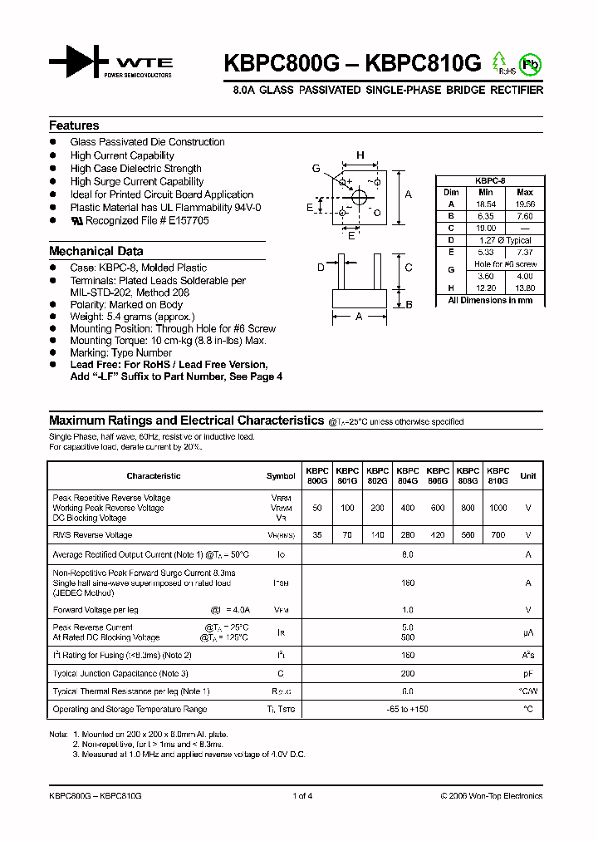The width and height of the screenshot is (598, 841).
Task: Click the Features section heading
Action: (x=74, y=125)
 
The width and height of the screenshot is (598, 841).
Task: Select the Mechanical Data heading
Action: (x=96, y=251)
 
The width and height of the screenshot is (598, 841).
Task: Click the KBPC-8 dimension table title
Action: (x=490, y=180)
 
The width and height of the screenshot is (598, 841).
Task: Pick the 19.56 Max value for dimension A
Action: (x=525, y=204)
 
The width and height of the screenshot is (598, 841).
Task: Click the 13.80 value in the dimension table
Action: (x=525, y=288)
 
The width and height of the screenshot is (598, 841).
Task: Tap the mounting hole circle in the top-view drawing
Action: (x=360, y=197)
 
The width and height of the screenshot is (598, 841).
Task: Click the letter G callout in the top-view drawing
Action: (x=316, y=169)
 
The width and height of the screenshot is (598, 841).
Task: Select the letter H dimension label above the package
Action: (x=360, y=155)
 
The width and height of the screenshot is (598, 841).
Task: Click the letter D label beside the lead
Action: (x=321, y=267)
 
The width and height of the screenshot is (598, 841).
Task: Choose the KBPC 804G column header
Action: (x=407, y=475)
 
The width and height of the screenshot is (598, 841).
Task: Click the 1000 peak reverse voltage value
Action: (x=498, y=508)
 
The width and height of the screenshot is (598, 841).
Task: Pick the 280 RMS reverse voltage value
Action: (x=407, y=535)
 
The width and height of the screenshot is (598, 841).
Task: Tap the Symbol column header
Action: (x=281, y=476)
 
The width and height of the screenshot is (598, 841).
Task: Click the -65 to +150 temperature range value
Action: (x=407, y=710)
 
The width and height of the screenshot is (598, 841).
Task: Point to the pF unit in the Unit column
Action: (x=527, y=674)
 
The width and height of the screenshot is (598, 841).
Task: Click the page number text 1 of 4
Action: (x=302, y=796)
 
